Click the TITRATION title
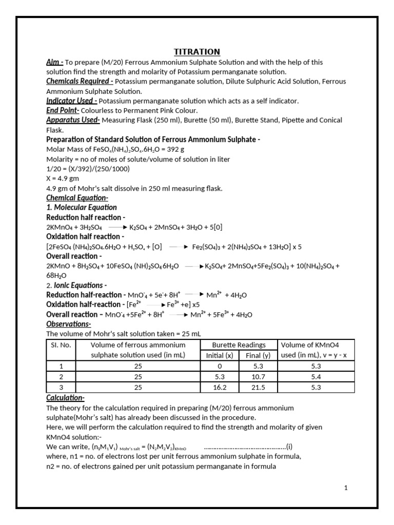pyautogui.click(x=197, y=52)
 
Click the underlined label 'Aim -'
pyautogui.click(x=55, y=62)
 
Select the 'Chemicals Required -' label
pyautogui.click(x=80, y=81)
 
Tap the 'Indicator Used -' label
pyautogui.click(x=72, y=100)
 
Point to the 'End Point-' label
pyautogui.click(x=63, y=110)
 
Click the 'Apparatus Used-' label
pyautogui.click(x=73, y=120)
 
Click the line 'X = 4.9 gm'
pyautogui.click(x=64, y=178)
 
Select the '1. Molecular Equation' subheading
pyautogui.click(x=82, y=208)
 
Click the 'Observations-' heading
pyautogui.click(x=69, y=324)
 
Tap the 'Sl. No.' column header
pyautogui.click(x=61, y=345)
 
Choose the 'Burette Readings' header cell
pyautogui.click(x=239, y=345)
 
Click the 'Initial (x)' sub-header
pyautogui.click(x=219, y=355)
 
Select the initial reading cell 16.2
pyautogui.click(x=219, y=388)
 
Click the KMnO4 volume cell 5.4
pyautogui.click(x=316, y=377)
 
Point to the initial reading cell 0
pyautogui.click(x=219, y=366)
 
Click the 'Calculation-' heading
pyautogui.click(x=66, y=398)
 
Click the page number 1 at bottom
pyautogui.click(x=346, y=488)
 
